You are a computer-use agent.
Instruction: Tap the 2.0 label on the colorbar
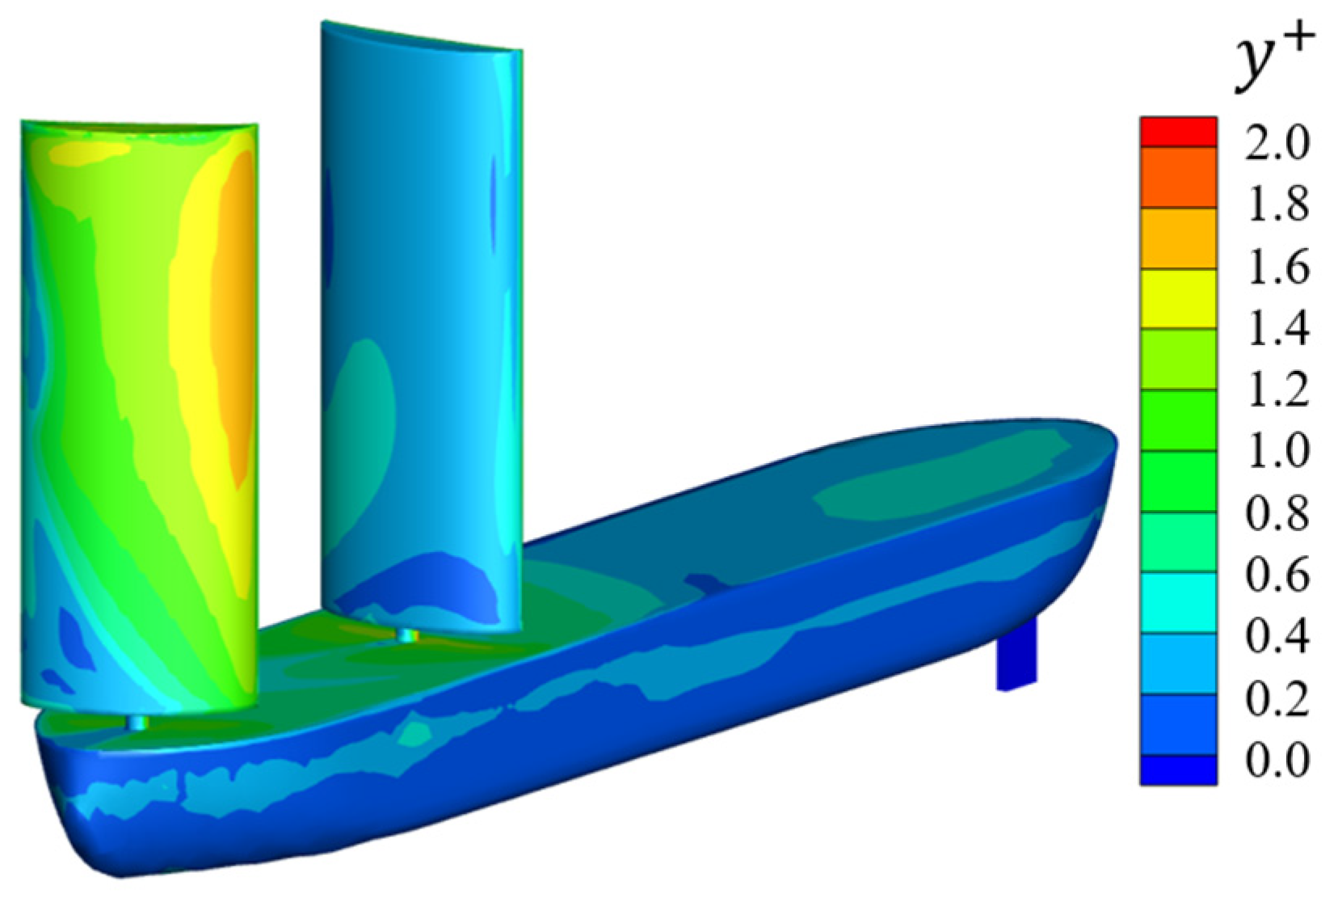(1277, 143)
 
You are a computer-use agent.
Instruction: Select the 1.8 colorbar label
(1277, 205)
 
